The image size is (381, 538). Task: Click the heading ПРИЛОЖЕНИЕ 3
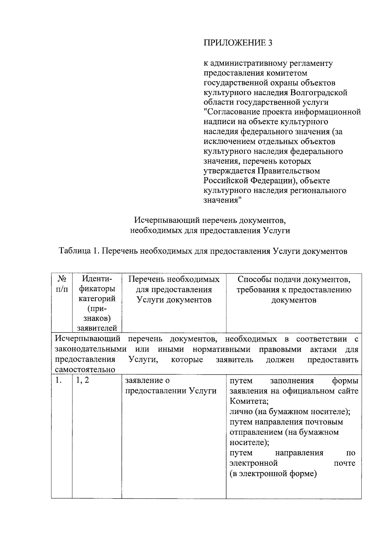tap(238, 43)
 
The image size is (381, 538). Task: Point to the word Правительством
tap(288, 171)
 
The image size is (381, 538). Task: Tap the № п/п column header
tap(62, 284)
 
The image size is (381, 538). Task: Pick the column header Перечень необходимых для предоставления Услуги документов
tap(174, 289)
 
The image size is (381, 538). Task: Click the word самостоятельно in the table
tap(85, 370)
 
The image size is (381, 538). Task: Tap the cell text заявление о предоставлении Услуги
tap(171, 386)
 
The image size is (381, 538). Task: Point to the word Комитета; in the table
tap(249, 401)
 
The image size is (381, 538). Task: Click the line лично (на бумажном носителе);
tap(290, 412)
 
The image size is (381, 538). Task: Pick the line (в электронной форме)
tap(273, 474)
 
